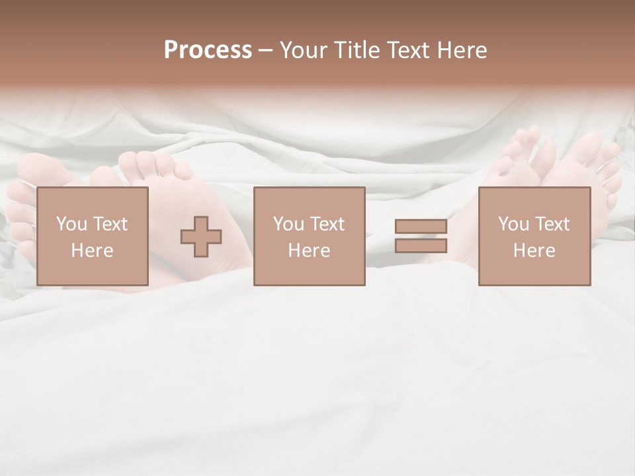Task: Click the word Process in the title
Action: point(208,50)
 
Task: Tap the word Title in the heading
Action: point(357,50)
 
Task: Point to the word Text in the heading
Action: point(409,50)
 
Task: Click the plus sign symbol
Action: point(201,237)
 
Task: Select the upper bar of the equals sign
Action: point(421,227)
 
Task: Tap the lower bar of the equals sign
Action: point(421,246)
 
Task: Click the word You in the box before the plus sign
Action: point(71,224)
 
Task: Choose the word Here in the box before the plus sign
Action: point(92,251)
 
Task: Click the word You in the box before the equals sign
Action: point(288,224)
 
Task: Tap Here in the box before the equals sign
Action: point(309,251)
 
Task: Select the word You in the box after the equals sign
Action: point(513,224)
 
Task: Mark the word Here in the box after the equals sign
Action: point(534,251)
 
